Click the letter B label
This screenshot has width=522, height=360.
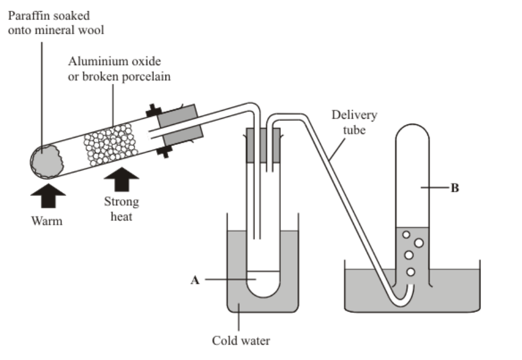pyautogui.click(x=455, y=188)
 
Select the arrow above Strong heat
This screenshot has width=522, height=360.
pyautogui.click(x=121, y=181)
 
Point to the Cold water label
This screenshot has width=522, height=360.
pyautogui.click(x=241, y=341)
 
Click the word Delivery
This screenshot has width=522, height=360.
pyautogui.click(x=354, y=115)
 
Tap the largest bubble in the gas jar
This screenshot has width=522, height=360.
pyautogui.click(x=419, y=242)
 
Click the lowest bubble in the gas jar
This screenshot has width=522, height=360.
pyautogui.click(x=410, y=272)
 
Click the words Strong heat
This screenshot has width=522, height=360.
pyautogui.click(x=122, y=209)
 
